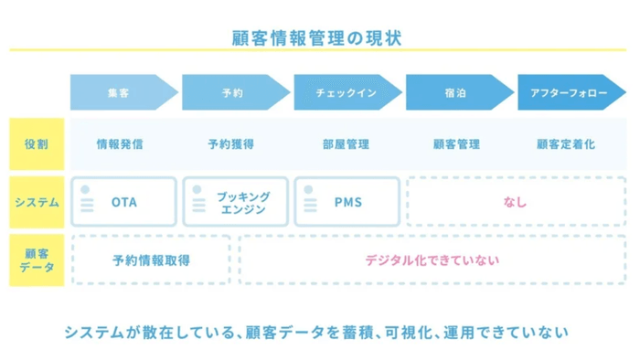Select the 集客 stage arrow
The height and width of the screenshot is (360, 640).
coord(119,92)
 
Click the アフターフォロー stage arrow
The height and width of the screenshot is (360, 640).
coord(566,92)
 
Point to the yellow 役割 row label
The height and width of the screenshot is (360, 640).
coord(37,143)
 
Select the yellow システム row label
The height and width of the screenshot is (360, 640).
coord(37,202)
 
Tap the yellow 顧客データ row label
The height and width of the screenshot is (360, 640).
coord(37,260)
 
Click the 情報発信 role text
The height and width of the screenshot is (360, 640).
coord(120,144)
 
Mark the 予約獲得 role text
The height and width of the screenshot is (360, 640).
coord(230,144)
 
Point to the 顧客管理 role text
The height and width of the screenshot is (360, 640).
coord(454,144)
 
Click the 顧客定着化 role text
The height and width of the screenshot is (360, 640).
coord(565,144)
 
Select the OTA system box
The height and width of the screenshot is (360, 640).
coord(123,202)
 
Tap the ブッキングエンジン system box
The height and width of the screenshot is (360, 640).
coord(236,202)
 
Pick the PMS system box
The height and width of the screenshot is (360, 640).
coord(347,202)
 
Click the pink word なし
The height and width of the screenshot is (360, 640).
coord(516,202)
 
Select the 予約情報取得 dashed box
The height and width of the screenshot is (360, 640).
coord(151,260)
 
